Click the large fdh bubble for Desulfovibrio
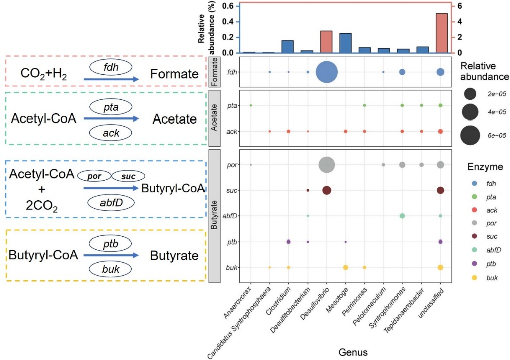(326, 72)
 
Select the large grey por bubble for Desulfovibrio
(326, 164)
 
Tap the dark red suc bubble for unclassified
(440, 190)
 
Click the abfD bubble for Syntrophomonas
(402, 216)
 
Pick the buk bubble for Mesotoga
(345, 267)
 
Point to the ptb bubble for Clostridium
(288, 242)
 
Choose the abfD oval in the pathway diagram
(111, 203)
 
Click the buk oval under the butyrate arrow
(110, 269)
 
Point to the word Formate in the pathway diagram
(175, 75)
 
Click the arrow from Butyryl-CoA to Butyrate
(111, 255)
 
